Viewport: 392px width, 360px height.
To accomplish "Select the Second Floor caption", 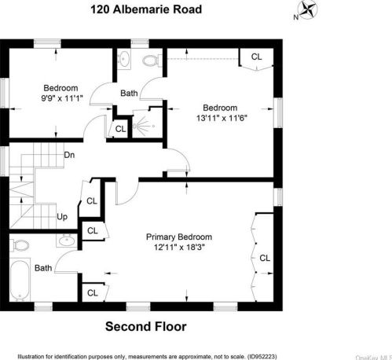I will click(146, 325).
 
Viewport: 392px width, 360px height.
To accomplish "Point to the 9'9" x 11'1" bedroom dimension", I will click(60, 98).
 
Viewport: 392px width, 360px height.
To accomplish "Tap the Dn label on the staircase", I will click(69, 154).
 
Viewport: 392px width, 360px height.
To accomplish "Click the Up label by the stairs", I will click(62, 216).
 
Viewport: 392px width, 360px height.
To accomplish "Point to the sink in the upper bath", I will click(125, 60).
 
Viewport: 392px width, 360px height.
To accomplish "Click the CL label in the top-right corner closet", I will click(256, 57).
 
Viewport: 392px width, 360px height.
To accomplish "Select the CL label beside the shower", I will click(120, 128).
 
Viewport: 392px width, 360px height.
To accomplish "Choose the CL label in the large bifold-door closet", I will click(265, 258).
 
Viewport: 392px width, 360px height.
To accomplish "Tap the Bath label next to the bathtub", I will click(43, 268).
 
